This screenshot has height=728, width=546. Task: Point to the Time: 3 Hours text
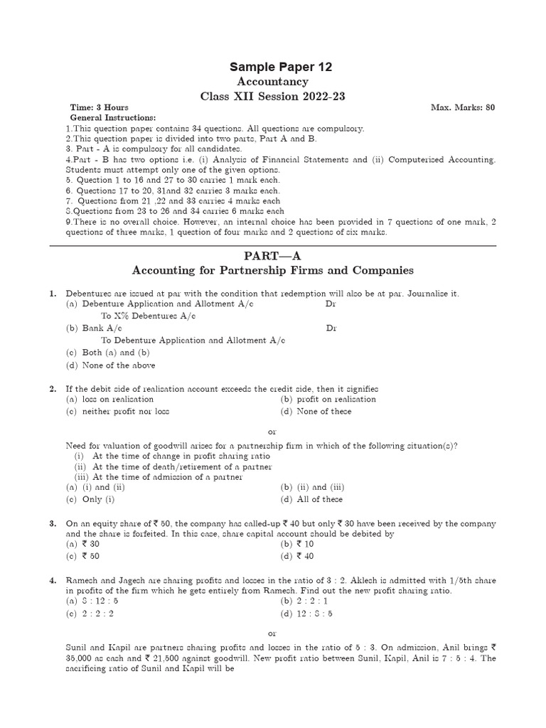[x=100, y=107]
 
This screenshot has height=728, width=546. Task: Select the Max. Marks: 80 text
[x=463, y=107]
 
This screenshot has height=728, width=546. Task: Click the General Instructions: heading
[x=113, y=117]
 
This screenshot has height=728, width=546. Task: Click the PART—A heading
[x=272, y=255]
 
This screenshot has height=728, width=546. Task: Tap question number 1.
[x=53, y=293]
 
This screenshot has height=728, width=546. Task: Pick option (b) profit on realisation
[x=328, y=400]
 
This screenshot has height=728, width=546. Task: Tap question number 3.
[x=53, y=523]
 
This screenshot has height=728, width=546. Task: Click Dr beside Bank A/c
[x=331, y=328]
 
